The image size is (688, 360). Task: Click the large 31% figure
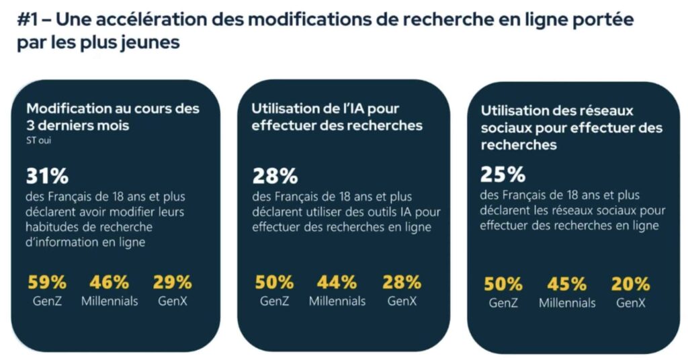[x=47, y=177]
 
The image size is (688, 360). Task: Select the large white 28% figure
[x=275, y=177]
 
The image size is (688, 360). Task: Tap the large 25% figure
[x=503, y=175]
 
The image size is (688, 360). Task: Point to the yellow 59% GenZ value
[x=47, y=282]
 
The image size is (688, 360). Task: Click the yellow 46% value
[x=110, y=282]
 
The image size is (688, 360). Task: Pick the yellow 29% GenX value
[x=172, y=282]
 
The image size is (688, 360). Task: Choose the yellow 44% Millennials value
[x=337, y=282]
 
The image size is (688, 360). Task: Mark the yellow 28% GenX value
[x=402, y=282]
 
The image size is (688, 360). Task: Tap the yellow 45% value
[x=566, y=284]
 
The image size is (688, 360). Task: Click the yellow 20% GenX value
[x=630, y=284]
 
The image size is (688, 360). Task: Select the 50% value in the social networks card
[x=503, y=284]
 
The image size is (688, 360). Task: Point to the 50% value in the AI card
[x=274, y=282]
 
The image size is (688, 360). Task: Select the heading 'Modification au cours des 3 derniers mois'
[x=112, y=116]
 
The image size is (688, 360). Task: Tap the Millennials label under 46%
[x=110, y=301]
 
